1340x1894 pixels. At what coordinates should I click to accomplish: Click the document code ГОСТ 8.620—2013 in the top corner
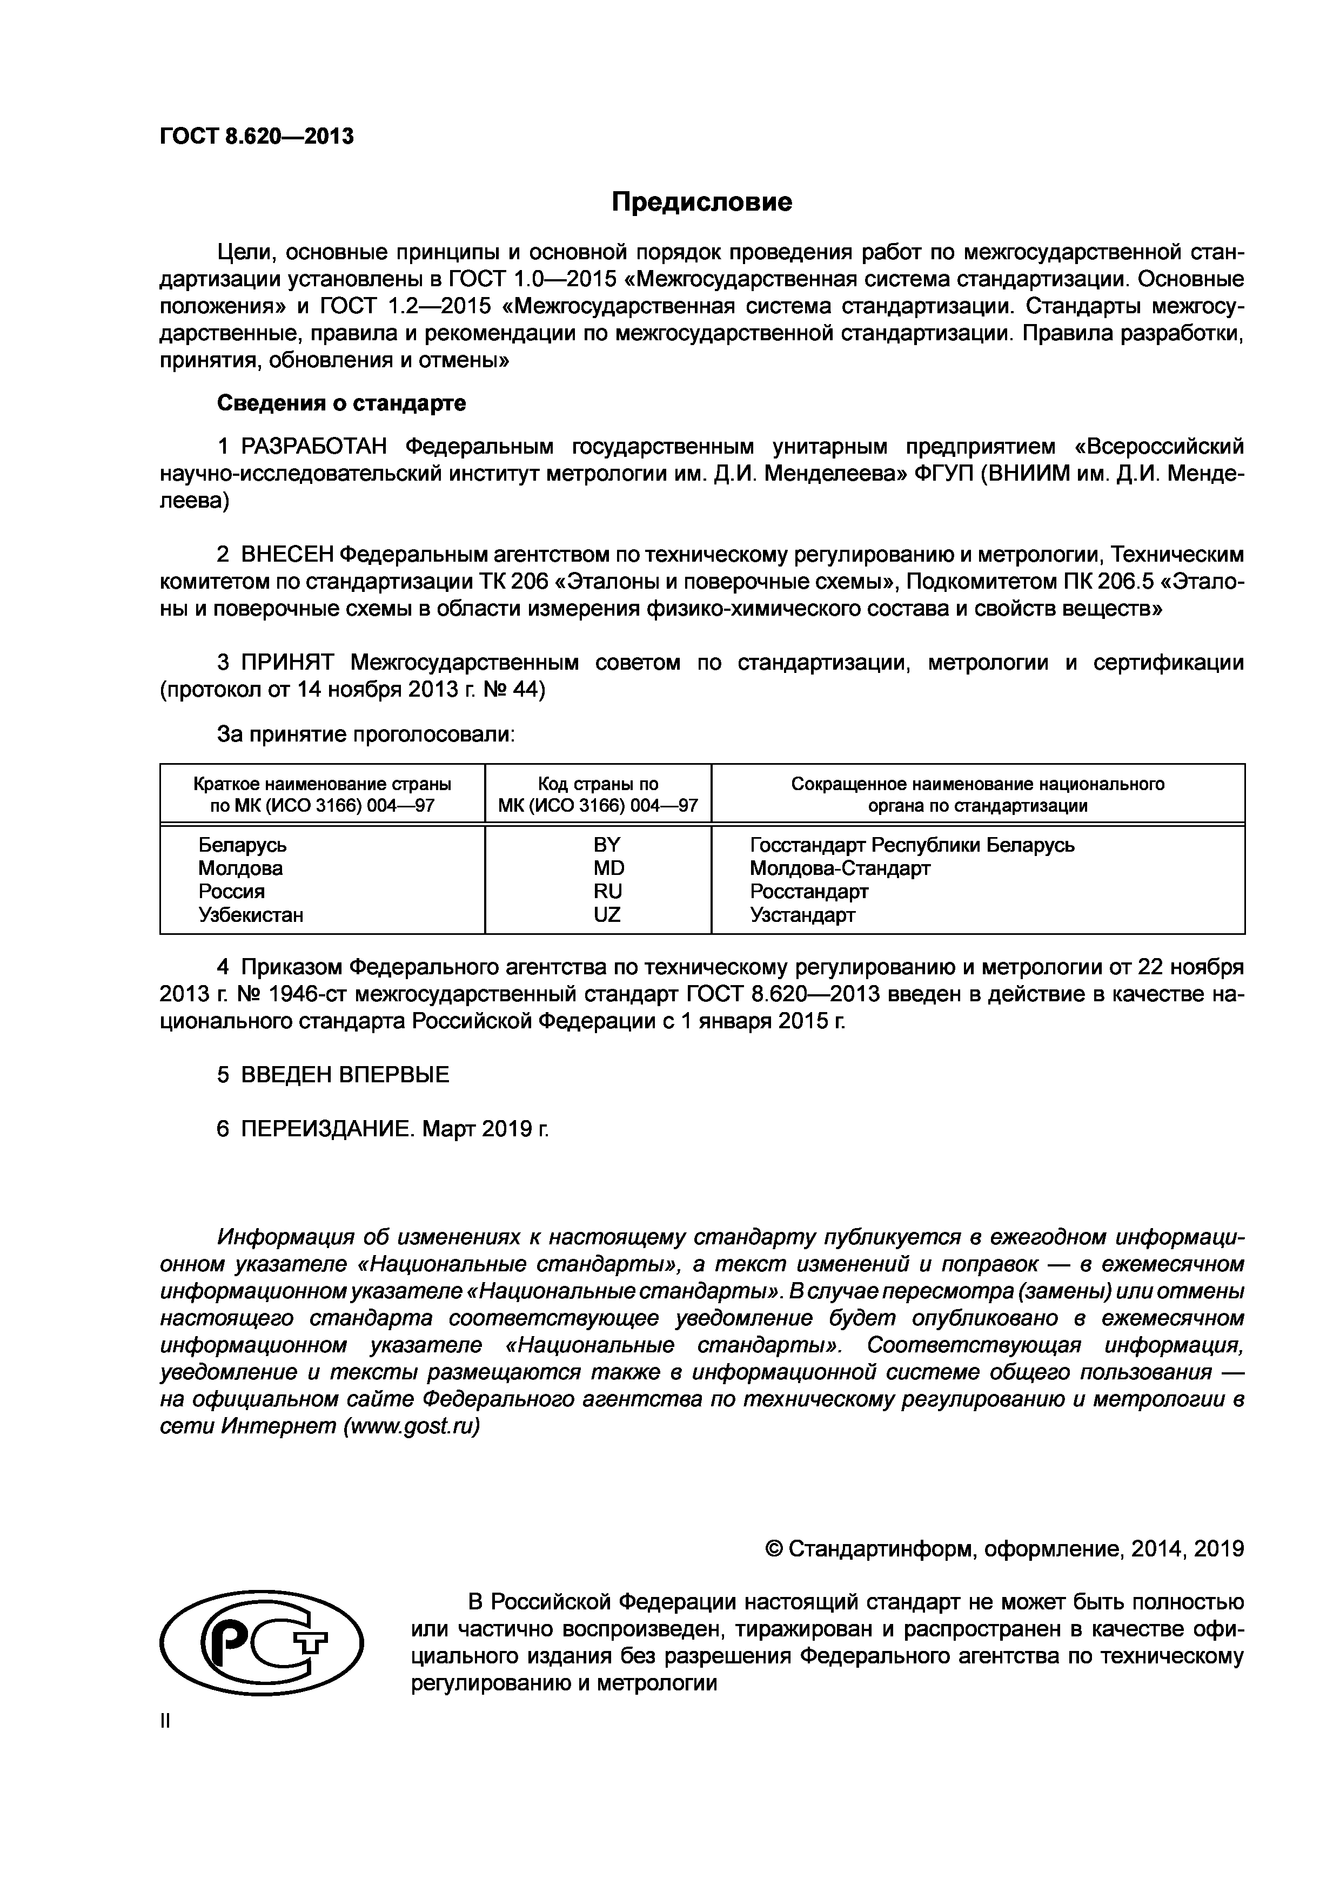(x=257, y=136)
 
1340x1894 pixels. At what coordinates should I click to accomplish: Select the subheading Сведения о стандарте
(x=341, y=403)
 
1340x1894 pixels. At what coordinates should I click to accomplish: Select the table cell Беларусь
(x=243, y=845)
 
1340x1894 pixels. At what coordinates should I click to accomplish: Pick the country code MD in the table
(x=609, y=868)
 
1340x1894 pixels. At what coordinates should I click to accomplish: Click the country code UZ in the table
(x=607, y=915)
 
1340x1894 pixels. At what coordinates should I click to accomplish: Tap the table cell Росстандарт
(x=809, y=892)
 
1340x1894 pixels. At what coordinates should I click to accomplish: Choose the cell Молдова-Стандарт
(x=840, y=868)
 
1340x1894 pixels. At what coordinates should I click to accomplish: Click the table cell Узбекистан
(x=251, y=915)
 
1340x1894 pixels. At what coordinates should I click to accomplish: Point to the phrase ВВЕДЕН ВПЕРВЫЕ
(x=345, y=1075)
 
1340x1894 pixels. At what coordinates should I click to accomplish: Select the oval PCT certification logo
(x=263, y=1644)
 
